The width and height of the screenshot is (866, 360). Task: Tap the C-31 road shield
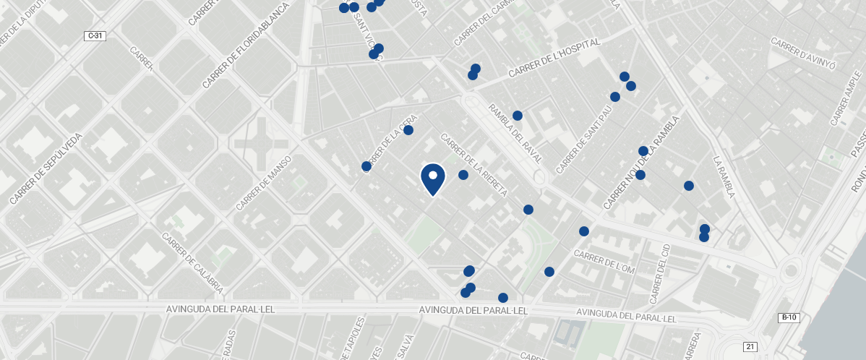pyautogui.click(x=95, y=36)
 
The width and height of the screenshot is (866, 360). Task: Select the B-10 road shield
pyautogui.click(x=789, y=317)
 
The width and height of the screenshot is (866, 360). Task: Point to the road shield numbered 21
pyautogui.click(x=751, y=347)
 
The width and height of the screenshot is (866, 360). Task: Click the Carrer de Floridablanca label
pyautogui.click(x=246, y=45)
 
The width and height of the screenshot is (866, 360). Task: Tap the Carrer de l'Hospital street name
pyautogui.click(x=554, y=58)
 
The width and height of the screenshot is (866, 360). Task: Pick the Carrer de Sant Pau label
pyautogui.click(x=584, y=140)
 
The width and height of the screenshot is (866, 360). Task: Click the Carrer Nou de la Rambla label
pyautogui.click(x=642, y=163)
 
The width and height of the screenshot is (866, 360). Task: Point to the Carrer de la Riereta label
pyautogui.click(x=473, y=166)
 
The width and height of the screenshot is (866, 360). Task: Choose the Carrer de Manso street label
pyautogui.click(x=263, y=183)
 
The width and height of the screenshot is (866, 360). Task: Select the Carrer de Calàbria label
pyautogui.click(x=193, y=263)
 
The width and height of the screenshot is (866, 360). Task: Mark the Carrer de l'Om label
pyautogui.click(x=604, y=263)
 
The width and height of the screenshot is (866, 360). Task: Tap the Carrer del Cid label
pyautogui.click(x=661, y=273)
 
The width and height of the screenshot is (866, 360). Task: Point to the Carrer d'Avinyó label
pyautogui.click(x=803, y=53)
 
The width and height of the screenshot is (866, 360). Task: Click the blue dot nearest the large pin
pyautogui.click(x=463, y=175)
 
